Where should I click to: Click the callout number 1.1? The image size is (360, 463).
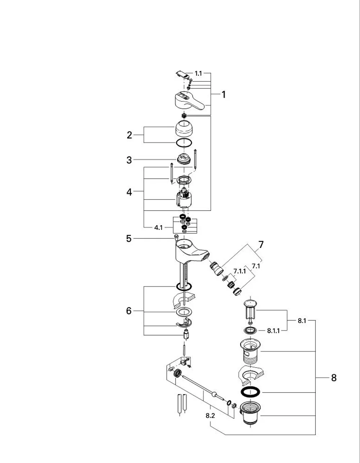(x=198, y=74)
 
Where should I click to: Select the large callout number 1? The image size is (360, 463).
(x=224, y=95)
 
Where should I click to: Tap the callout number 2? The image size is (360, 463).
(x=129, y=135)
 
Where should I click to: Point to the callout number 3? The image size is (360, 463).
(x=129, y=160)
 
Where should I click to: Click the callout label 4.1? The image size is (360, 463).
(x=158, y=228)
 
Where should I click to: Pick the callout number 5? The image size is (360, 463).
(x=129, y=239)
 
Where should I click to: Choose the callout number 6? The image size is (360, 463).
(x=129, y=311)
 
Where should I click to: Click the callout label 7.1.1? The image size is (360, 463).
(x=240, y=271)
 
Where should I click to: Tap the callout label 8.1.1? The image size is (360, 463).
(x=274, y=331)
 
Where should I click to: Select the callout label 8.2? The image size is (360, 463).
(x=210, y=416)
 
